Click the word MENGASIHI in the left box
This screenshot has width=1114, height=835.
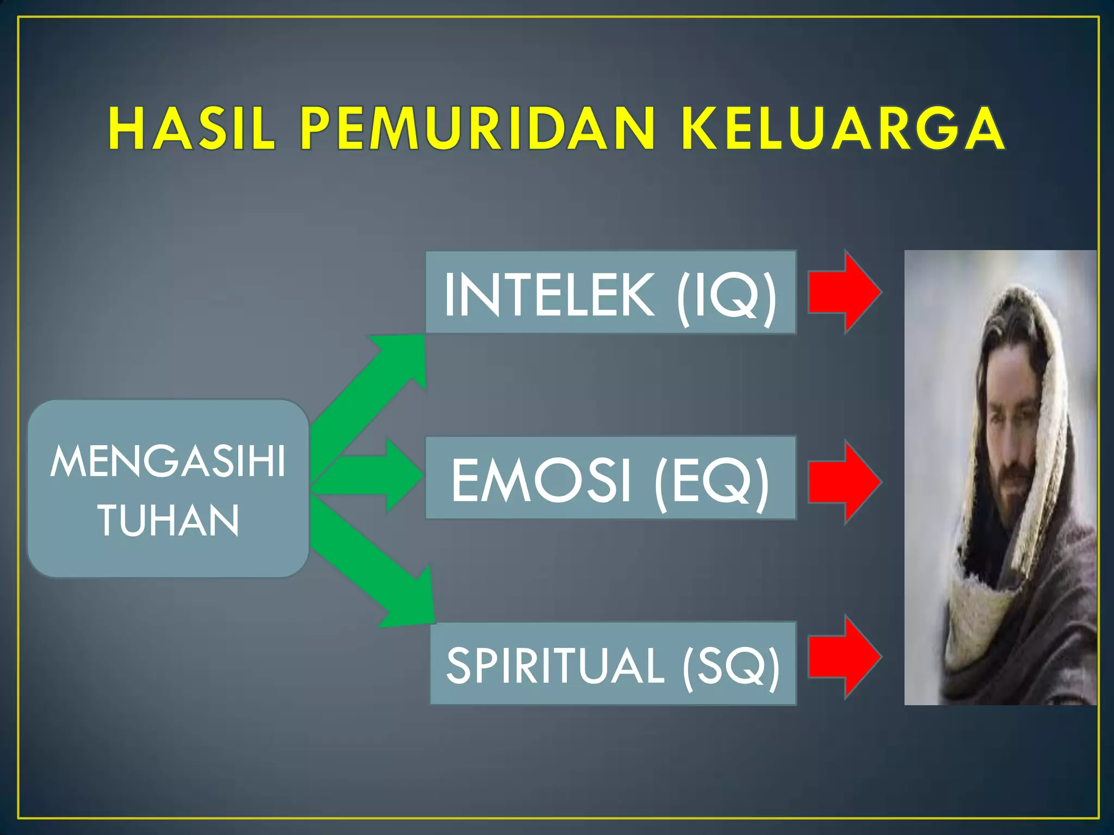pyautogui.click(x=168, y=462)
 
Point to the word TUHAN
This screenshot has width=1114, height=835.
pyautogui.click(x=169, y=520)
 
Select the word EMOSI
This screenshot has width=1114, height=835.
pyautogui.click(x=541, y=480)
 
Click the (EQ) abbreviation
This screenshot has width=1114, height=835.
pyautogui.click(x=713, y=481)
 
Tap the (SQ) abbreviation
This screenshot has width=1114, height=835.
pyautogui.click(x=731, y=666)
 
